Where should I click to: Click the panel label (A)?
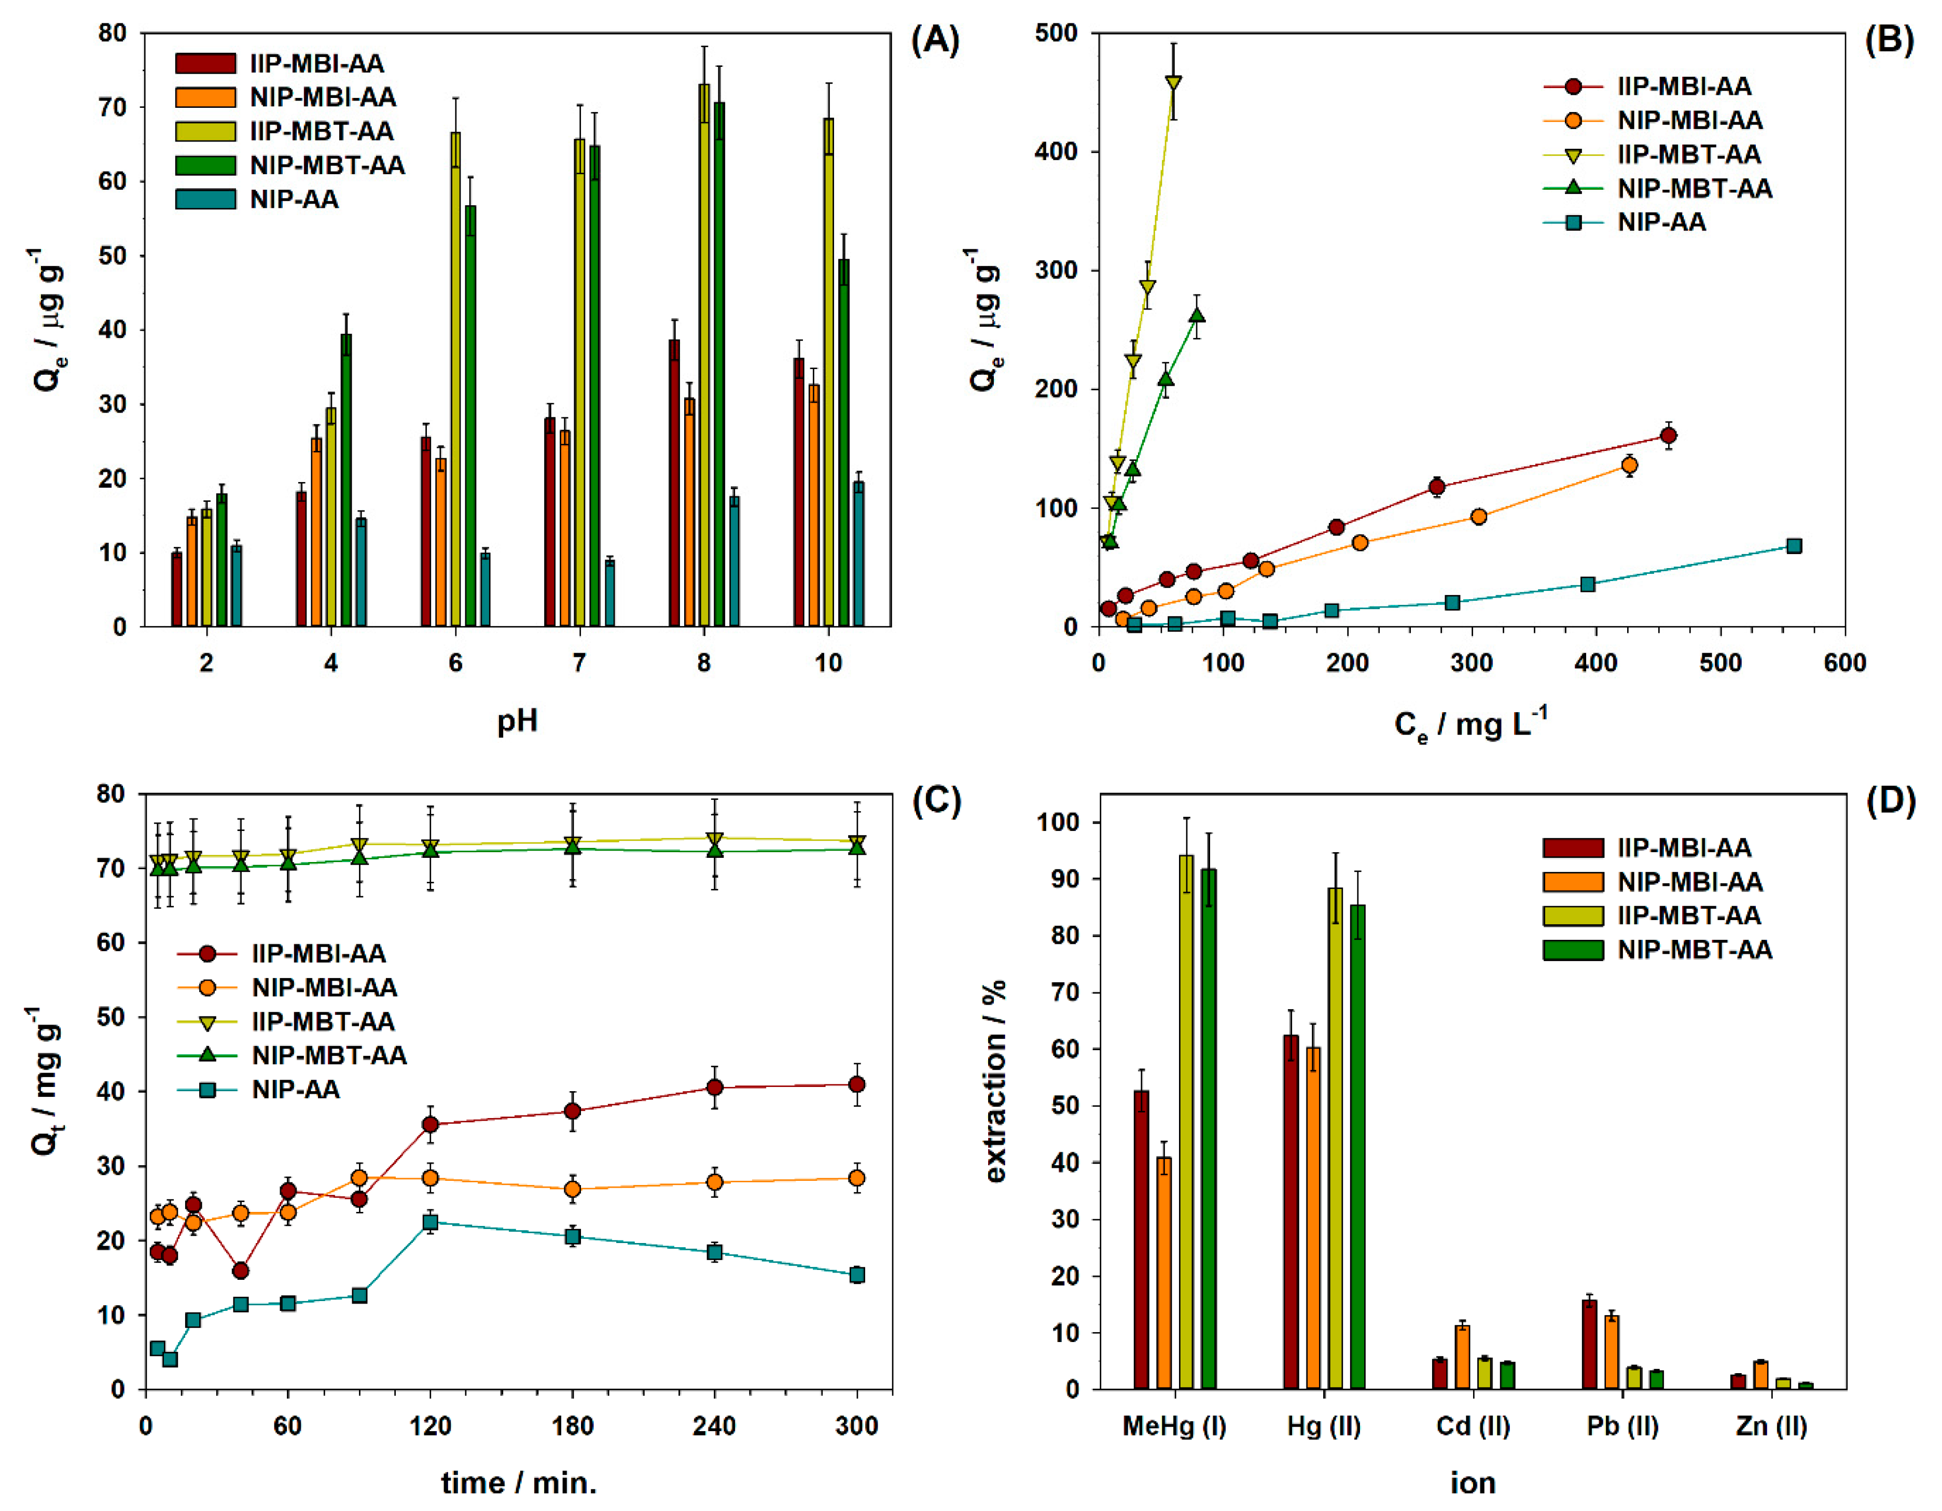point(935,41)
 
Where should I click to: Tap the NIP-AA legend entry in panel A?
point(294,199)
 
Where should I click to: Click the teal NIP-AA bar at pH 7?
point(610,593)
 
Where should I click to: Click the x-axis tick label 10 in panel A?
point(828,663)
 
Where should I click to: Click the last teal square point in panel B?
point(1794,546)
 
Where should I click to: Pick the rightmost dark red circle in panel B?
point(1668,435)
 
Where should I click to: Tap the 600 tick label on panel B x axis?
point(1843,663)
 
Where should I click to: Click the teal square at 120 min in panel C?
point(431,1222)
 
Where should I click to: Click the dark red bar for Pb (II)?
point(1588,1344)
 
